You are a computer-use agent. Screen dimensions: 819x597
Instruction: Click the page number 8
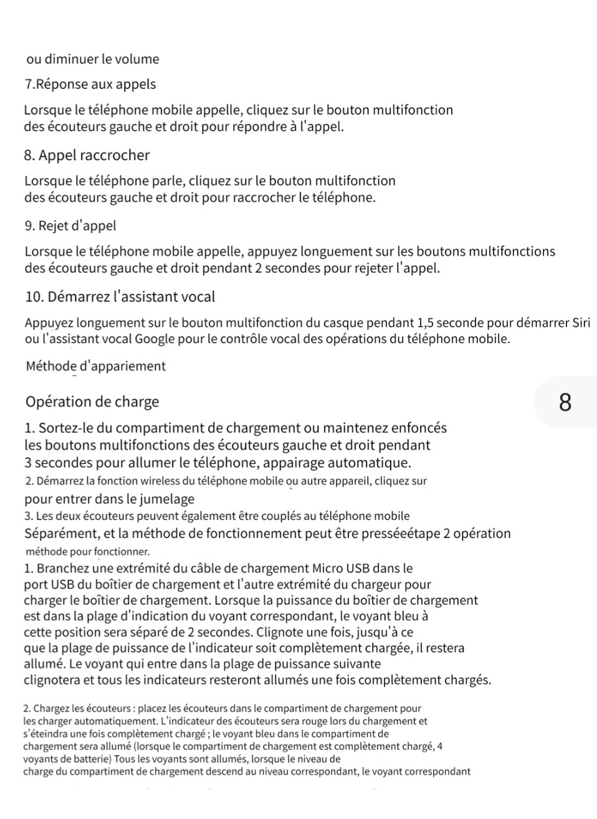[565, 402]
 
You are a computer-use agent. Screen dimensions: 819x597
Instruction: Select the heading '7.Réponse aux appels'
[90, 84]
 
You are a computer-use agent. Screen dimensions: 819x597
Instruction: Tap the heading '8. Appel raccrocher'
[87, 155]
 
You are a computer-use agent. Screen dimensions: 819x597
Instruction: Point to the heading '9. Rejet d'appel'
[70, 225]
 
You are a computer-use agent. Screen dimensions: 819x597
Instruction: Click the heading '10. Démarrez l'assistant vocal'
[120, 296]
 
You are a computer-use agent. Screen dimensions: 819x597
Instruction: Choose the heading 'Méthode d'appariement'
[96, 366]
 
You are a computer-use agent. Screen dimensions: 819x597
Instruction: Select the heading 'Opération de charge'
[92, 402]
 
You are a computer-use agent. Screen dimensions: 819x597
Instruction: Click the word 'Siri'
[580, 323]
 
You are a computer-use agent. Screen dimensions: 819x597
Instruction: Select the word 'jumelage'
[168, 499]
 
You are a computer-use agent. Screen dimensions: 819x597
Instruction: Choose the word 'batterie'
[89, 759]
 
